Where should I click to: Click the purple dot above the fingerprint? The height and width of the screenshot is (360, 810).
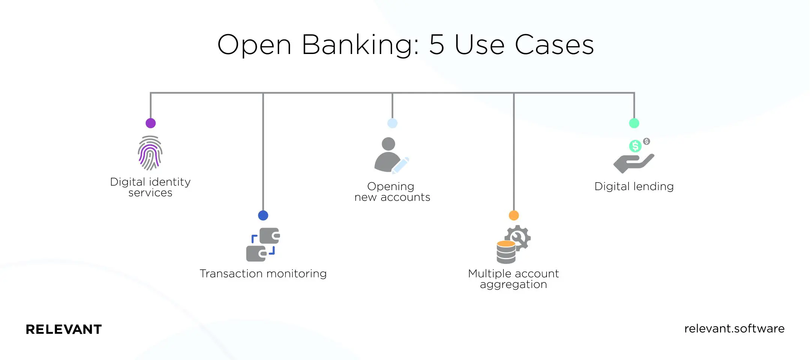pos(151,123)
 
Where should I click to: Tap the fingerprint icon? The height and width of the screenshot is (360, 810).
pos(150,153)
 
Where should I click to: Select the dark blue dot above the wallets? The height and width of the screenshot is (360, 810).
pos(263,215)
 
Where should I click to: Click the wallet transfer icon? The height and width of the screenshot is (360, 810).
pos(263,244)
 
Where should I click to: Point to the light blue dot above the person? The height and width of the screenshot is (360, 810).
pos(392,123)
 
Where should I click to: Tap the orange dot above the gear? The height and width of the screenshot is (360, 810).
pos(514,215)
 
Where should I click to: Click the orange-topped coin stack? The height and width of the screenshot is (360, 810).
pos(506,252)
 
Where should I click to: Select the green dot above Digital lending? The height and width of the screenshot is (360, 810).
pos(634,123)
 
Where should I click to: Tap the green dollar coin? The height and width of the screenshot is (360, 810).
pos(635,146)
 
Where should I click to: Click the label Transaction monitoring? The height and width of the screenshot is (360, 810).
pos(263,274)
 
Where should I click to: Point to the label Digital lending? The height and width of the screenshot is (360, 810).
pos(634,186)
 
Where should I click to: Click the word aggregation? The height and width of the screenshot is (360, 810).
pos(514,285)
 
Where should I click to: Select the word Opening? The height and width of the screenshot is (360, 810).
pos(391,186)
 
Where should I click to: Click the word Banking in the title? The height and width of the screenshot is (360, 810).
pos(360,45)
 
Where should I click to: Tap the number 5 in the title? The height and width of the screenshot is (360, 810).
pos(437,45)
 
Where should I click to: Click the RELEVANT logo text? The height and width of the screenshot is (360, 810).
pos(64,329)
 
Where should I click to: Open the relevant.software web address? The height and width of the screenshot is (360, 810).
pos(734,328)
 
